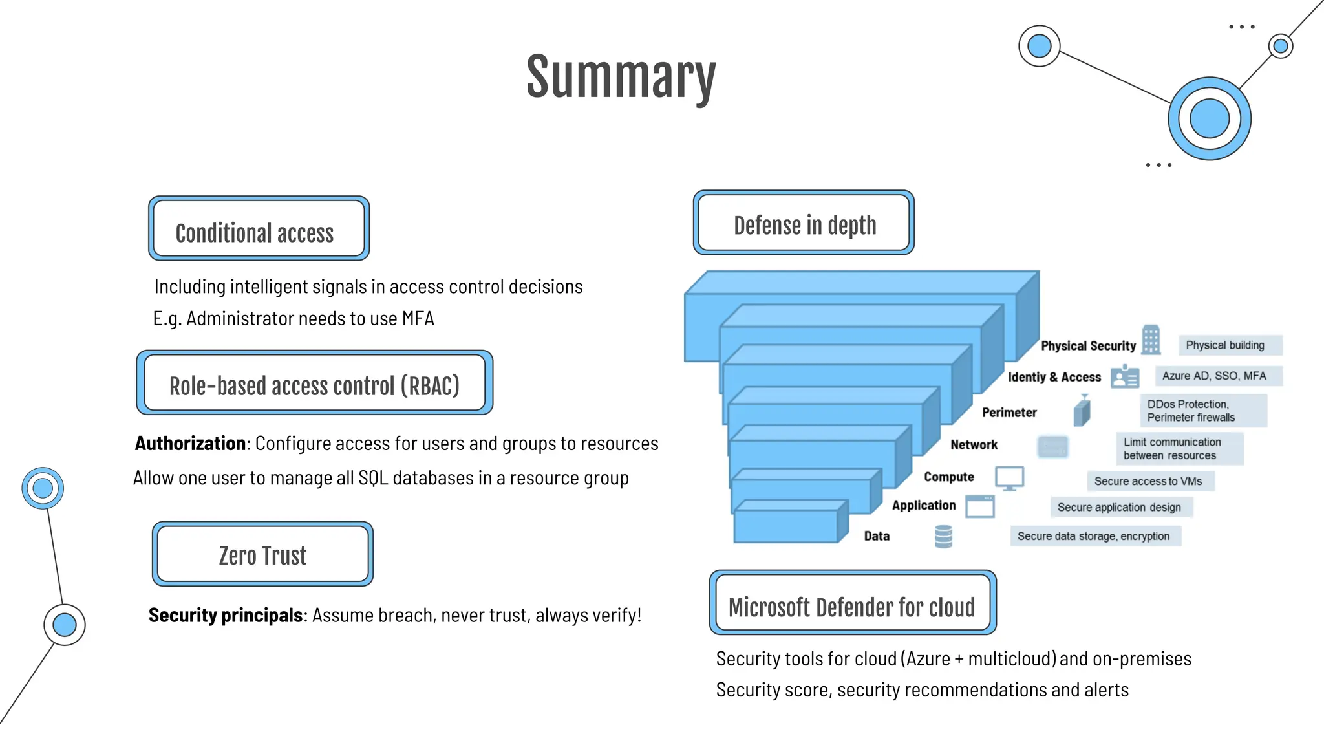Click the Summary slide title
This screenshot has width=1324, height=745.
[621, 78]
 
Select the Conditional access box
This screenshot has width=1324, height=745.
[259, 229]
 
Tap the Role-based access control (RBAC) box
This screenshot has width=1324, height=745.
[314, 383]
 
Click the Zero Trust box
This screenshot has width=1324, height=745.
[262, 554]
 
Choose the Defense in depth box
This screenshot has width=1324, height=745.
[804, 223]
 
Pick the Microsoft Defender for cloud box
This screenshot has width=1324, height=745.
[852, 603]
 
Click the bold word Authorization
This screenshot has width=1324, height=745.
[190, 444]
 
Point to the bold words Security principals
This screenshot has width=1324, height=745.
[225, 615]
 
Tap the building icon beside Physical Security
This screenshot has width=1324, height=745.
[1151, 340]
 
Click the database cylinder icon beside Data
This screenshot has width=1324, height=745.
[943, 536]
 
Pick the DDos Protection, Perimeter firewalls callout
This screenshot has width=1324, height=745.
[1202, 411]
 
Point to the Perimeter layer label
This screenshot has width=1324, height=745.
[1009, 413]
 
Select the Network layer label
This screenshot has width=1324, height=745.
[974, 445]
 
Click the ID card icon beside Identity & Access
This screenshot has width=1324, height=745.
[1125, 376]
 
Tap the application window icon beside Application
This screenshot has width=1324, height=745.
[980, 506]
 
